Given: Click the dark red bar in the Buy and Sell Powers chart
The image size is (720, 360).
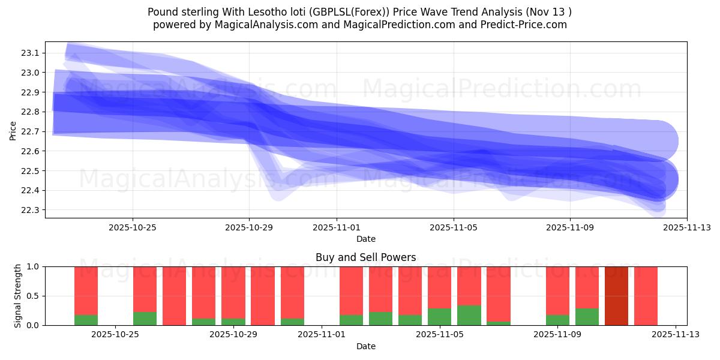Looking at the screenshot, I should (616, 296).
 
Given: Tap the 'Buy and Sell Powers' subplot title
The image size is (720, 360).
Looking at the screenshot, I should (365, 257).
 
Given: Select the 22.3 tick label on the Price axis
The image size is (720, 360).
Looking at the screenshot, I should (30, 210).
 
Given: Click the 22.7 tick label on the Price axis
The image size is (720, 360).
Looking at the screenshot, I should (30, 131).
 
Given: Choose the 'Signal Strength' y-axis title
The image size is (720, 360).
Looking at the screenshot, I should (18, 296).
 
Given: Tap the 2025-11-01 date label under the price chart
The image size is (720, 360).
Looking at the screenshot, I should (337, 227).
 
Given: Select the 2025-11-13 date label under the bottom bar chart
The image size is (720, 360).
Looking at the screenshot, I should (676, 335).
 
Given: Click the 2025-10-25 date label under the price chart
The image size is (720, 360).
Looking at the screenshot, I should (133, 227).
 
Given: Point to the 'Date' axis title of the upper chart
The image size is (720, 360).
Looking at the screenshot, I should (365, 239).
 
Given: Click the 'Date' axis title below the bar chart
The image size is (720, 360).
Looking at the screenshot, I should (365, 346).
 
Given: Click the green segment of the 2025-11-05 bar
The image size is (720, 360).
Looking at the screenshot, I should (439, 317).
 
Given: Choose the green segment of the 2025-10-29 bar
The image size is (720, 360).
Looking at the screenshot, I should (233, 322).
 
